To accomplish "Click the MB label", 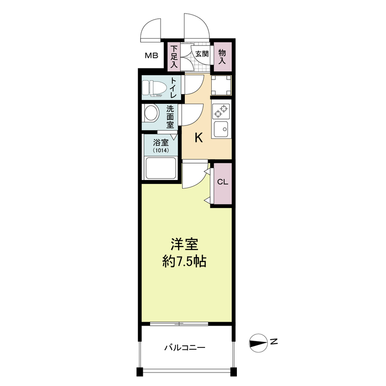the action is click(152, 55).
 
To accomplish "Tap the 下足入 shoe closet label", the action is click(174, 56).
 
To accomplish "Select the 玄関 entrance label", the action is click(202, 54).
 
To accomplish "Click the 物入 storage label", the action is click(222, 56).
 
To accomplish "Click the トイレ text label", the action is click(173, 88).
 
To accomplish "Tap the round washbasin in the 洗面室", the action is click(151, 113).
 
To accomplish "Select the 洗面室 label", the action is click(170, 117).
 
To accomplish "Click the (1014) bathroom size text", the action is click(161, 151).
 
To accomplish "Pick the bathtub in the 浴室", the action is click(161, 168).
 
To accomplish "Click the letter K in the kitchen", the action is click(199, 138).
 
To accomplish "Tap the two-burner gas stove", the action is click(221, 111).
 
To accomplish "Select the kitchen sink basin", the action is click(221, 129).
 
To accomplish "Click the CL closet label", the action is click(222, 182).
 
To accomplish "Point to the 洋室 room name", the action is click(184, 244).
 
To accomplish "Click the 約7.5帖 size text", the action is click(184, 262).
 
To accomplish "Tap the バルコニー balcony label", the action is click(185, 347).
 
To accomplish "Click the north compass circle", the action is click(258, 343).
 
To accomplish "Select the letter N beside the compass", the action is click(274, 342).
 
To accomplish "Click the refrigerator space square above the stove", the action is click(221, 85).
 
